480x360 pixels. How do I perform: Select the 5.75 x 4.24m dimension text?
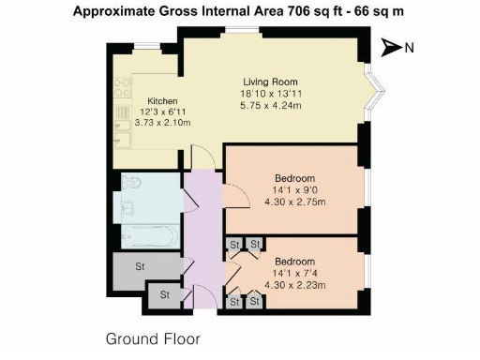(271, 106)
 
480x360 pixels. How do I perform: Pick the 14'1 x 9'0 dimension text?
(294, 188)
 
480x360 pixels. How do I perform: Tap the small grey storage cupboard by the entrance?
(164, 295)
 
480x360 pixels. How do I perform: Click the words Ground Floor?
(152, 337)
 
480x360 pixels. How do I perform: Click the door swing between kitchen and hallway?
(201, 157)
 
